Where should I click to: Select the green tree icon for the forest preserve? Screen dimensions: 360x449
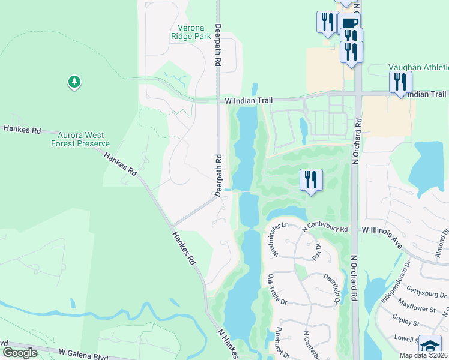coord(74,82)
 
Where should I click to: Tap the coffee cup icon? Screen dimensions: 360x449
coord(349,25)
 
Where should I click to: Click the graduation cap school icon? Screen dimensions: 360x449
coord(430,346)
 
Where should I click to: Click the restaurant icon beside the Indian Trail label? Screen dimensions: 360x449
coord(400,82)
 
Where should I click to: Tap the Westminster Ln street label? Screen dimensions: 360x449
coord(280,239)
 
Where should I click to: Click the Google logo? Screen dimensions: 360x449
coord(20,352)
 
